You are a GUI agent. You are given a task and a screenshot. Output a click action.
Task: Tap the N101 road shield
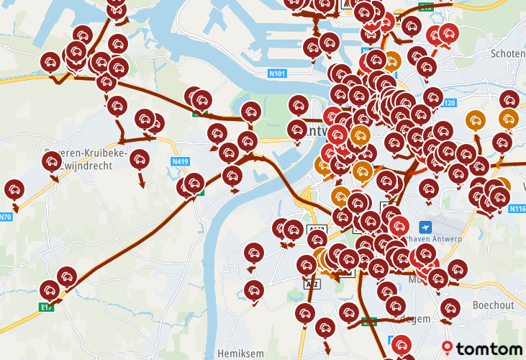(x=278, y=73)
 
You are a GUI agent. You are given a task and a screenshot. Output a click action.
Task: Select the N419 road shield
(x=179, y=161)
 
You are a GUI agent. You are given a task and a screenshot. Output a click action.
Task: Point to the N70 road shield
(x=6, y=217)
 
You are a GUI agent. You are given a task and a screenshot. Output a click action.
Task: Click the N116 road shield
(x=517, y=209)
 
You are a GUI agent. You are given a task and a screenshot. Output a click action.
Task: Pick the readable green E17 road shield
(x=47, y=307)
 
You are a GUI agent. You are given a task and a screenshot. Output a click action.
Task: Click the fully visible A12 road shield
(x=312, y=284)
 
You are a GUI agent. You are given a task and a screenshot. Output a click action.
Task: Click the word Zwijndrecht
(x=86, y=165)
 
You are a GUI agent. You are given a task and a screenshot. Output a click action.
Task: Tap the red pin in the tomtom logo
(x=449, y=348)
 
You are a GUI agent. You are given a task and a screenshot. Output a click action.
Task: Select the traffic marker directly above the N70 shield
(x=13, y=189)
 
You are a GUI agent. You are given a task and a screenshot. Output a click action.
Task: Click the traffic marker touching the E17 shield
(x=49, y=290)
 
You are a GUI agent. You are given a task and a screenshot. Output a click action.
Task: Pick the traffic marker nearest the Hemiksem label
(x=253, y=291)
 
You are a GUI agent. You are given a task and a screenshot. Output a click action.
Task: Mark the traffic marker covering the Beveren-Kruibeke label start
(x=51, y=161)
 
